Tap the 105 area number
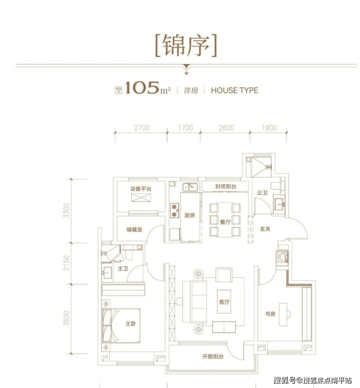[x=142, y=89]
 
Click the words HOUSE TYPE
[x=234, y=90]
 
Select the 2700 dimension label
[x=141, y=128]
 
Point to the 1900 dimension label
[x=269, y=128]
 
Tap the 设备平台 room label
[x=140, y=189]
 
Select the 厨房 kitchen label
[x=190, y=215]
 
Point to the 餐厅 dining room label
[x=224, y=222]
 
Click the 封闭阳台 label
[x=226, y=187]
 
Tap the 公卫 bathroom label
[x=262, y=193]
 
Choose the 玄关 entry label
[x=265, y=229]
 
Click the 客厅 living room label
[x=224, y=302]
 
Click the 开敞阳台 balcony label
[x=213, y=357]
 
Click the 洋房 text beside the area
[x=190, y=90]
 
